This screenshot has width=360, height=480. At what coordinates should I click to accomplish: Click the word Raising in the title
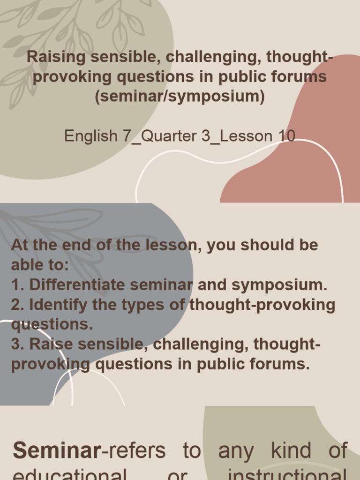click(56, 57)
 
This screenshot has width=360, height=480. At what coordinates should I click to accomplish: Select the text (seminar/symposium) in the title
click(180, 97)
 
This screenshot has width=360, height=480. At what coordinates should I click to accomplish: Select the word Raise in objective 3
click(51, 344)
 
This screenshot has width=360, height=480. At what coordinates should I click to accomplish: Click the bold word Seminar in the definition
click(57, 450)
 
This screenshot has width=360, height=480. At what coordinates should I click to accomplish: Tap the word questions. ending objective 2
click(52, 324)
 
